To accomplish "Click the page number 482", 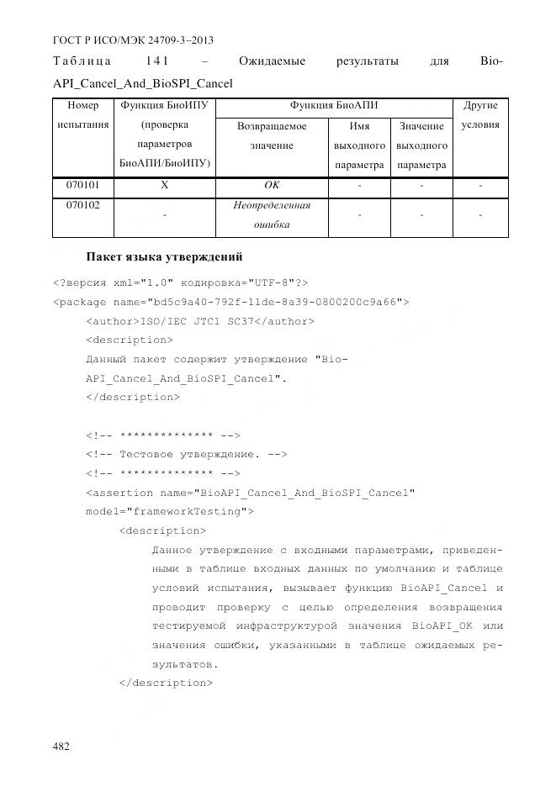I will point(61,746).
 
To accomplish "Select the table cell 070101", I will point(81,184).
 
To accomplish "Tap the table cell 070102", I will point(81,205).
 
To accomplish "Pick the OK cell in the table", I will point(271,184).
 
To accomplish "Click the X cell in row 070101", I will point(164,184).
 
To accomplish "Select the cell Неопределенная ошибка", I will point(271,215).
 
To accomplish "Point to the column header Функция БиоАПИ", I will point(333,106).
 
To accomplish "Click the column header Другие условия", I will point(480,115).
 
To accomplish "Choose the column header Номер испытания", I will point(81,115).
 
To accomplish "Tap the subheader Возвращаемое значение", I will point(271,135).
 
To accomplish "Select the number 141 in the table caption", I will point(160,62).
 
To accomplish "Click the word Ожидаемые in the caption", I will point(272,62).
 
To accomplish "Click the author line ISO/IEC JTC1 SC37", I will point(200,320).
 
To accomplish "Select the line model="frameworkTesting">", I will point(169,511).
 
